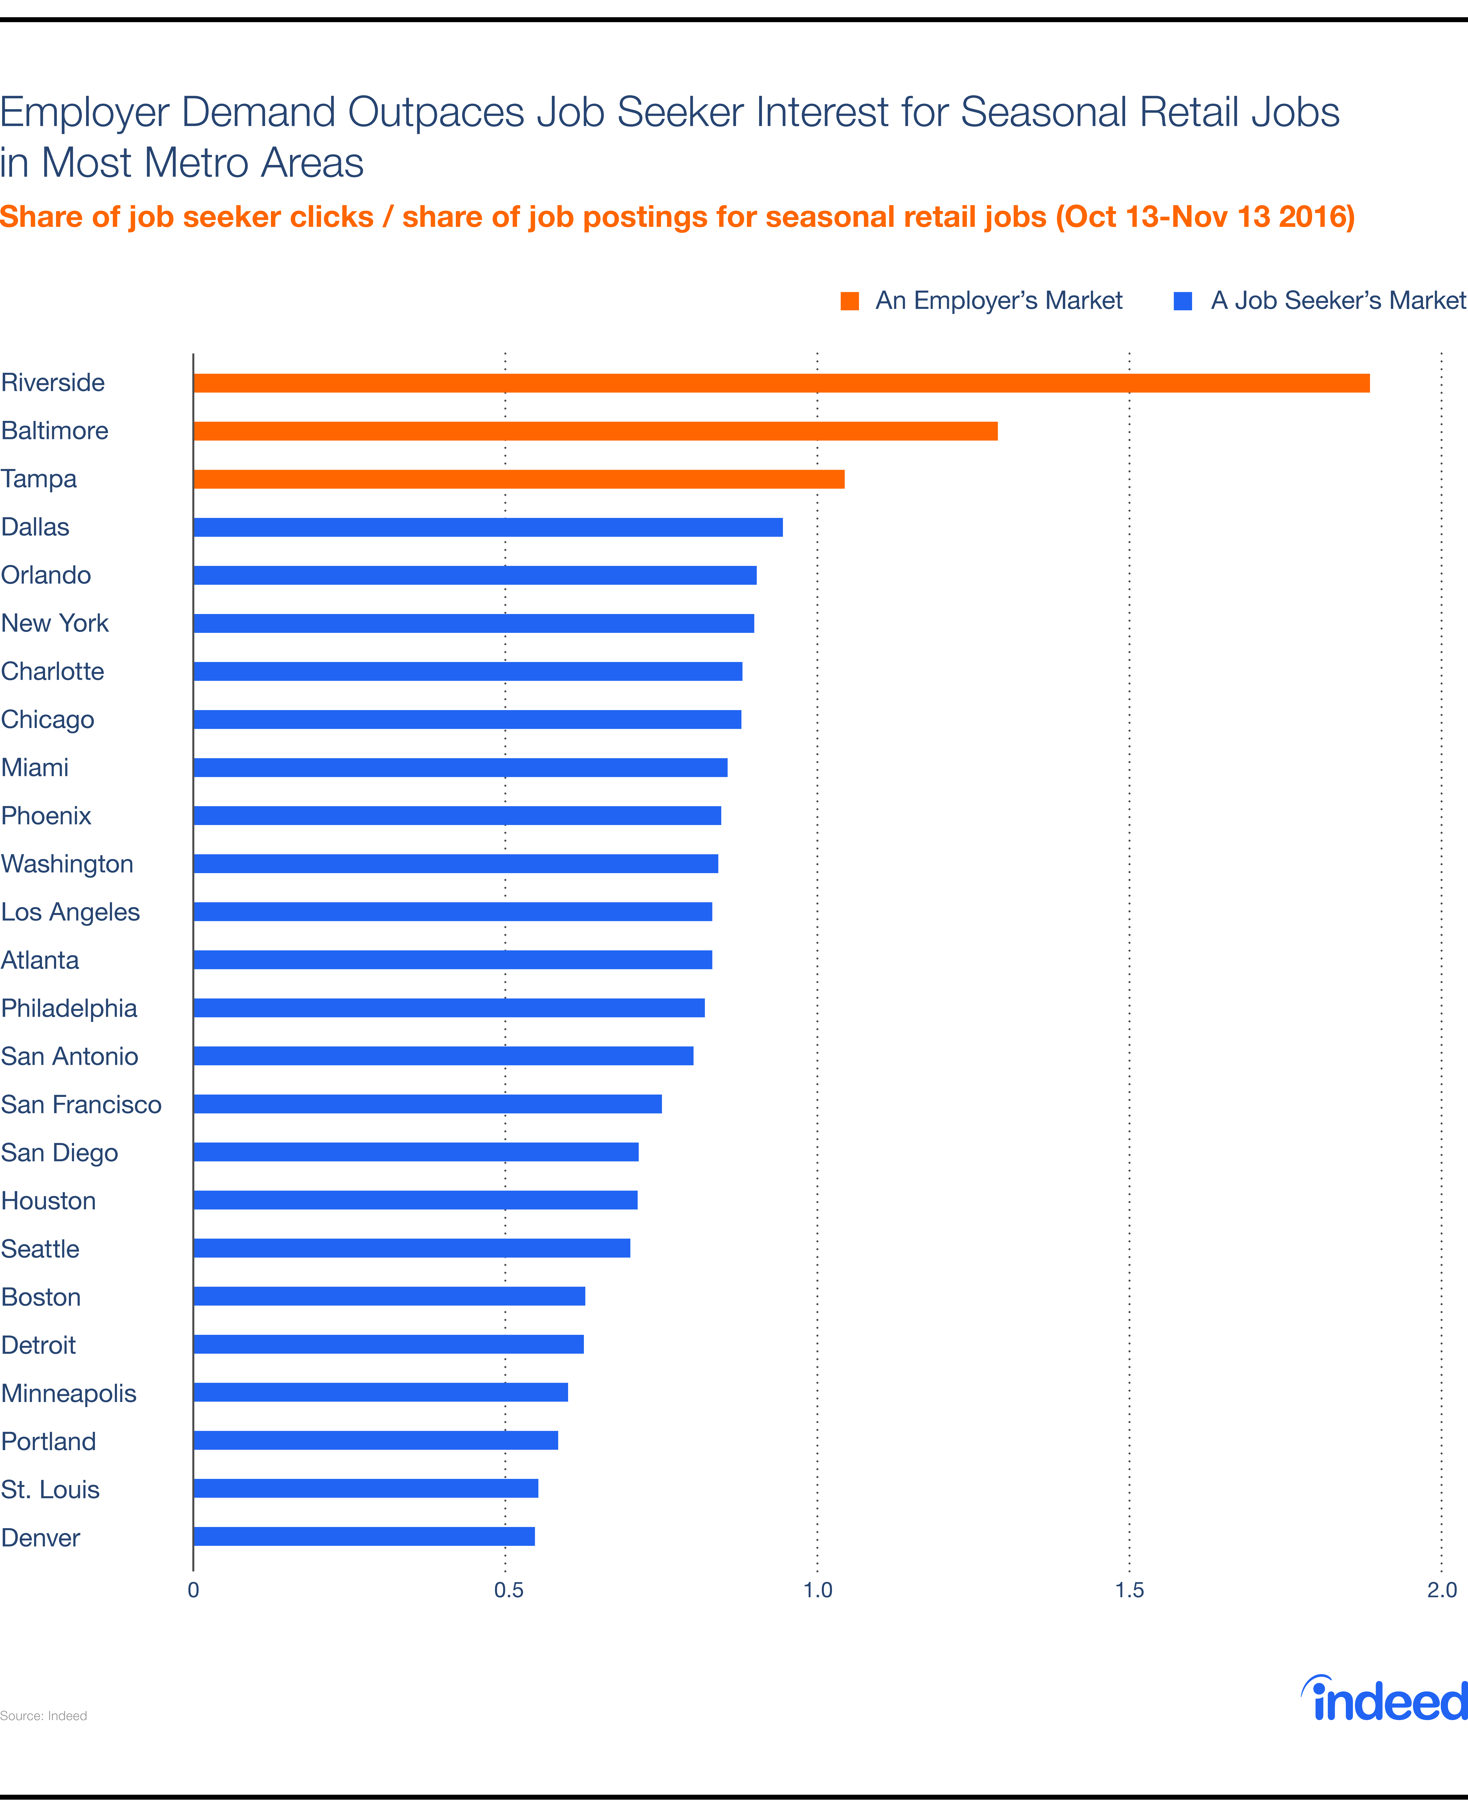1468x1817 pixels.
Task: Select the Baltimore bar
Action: point(595,431)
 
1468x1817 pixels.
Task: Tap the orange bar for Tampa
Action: point(518,479)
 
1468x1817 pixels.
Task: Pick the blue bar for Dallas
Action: point(488,528)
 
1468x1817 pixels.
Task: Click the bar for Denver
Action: point(364,1536)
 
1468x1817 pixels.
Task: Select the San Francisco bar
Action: point(427,1104)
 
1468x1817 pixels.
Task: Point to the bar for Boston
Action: point(389,1296)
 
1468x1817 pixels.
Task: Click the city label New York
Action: point(55,623)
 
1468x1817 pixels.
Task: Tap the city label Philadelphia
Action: point(69,1008)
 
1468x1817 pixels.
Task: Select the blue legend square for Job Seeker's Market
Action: point(1183,301)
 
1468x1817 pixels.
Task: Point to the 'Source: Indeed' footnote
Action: point(44,1716)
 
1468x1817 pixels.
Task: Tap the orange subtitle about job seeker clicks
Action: point(677,217)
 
